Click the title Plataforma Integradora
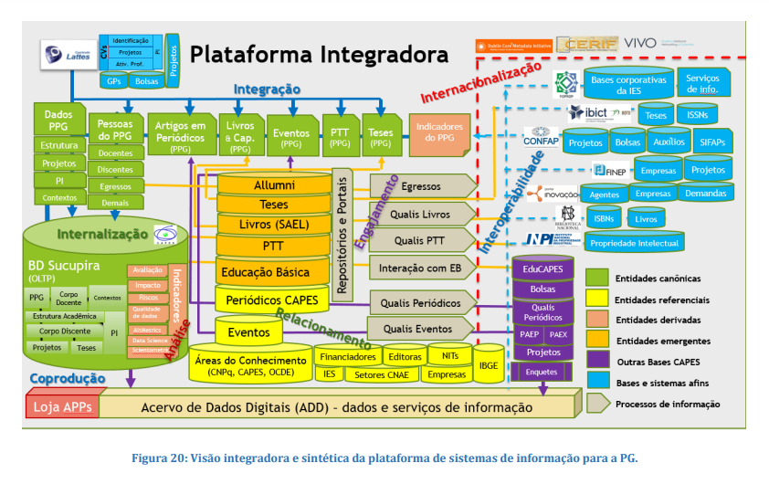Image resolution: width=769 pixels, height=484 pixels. tap(319, 53)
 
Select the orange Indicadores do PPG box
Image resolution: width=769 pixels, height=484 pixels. tap(439, 133)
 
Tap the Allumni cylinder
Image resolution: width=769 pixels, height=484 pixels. tap(274, 185)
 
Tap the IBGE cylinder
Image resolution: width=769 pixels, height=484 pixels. tap(489, 364)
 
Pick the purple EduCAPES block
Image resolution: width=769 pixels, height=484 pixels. tap(543, 270)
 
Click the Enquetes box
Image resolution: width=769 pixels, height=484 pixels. tap(542, 372)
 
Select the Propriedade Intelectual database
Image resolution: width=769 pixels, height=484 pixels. tap(634, 243)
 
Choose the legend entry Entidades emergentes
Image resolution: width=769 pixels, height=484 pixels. tap(658, 341)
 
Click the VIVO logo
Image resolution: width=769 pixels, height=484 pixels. tap(638, 43)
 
